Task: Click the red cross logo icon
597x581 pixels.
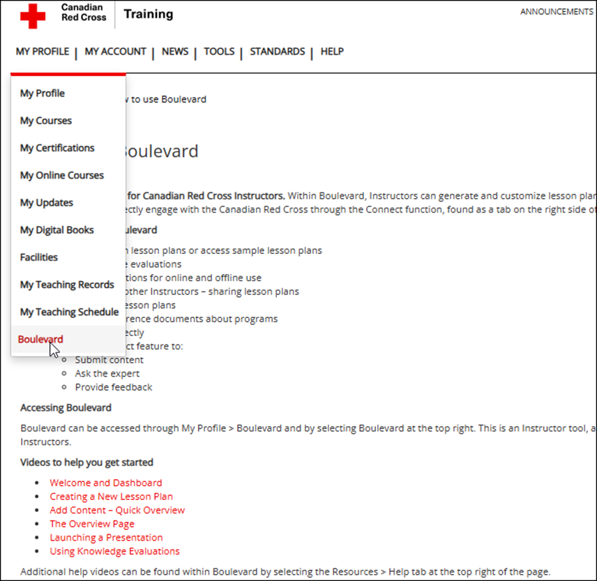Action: coord(32,15)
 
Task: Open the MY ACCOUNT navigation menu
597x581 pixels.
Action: coord(115,52)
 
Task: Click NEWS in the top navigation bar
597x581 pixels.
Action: coord(175,52)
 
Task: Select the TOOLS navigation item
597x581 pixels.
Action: coord(219,52)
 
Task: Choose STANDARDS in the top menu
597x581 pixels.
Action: coord(277,52)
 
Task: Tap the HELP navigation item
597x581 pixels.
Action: coord(332,52)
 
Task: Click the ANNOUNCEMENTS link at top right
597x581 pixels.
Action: coord(556,12)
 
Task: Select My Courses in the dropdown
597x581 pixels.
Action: coord(46,121)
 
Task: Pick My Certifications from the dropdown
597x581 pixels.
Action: coord(57,148)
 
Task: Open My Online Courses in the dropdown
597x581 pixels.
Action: coord(62,175)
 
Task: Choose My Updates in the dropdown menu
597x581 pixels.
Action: coord(47,202)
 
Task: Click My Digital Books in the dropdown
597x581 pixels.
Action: coord(57,229)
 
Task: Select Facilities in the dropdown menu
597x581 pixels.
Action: coord(39,257)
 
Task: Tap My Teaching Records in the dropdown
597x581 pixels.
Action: coord(67,285)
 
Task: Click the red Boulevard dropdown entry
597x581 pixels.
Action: coord(40,340)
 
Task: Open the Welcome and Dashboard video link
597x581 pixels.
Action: coord(105,483)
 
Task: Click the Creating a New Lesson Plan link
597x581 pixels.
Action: coord(111,497)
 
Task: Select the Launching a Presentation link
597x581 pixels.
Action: coord(106,538)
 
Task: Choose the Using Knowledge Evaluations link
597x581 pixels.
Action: coord(114,551)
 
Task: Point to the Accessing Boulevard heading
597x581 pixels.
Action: coord(66,407)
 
